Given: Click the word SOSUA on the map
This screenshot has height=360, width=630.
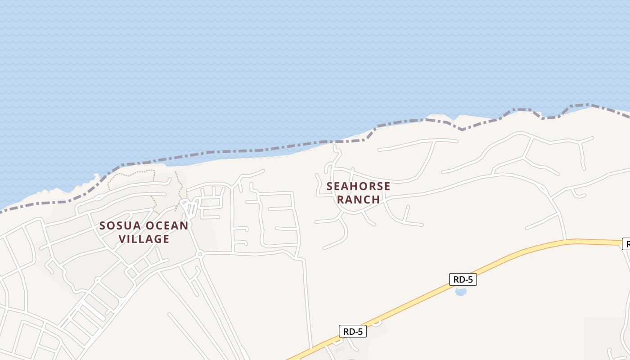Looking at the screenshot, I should pyautogui.click(x=117, y=225).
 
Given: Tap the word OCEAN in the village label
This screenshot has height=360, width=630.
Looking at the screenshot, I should pyautogui.click(x=165, y=225).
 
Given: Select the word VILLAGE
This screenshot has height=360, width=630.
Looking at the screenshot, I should pyautogui.click(x=144, y=239).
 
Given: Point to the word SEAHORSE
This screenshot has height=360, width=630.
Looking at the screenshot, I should pyautogui.click(x=358, y=186).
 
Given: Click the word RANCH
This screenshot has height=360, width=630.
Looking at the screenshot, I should pyautogui.click(x=358, y=199).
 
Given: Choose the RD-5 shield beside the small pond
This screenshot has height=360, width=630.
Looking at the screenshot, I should pyautogui.click(x=463, y=279).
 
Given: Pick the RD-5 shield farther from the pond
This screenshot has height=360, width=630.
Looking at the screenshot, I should pyautogui.click(x=353, y=332).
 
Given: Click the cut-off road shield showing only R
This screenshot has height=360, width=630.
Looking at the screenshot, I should pyautogui.click(x=626, y=244).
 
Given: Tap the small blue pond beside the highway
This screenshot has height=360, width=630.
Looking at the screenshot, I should pyautogui.click(x=460, y=292).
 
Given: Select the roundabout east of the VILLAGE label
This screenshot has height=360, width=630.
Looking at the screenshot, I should pyautogui.click(x=200, y=254).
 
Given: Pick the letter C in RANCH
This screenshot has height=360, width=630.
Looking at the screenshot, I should pyautogui.click(x=367, y=199).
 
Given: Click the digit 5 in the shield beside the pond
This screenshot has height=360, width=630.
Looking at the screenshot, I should pyautogui.click(x=470, y=279).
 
